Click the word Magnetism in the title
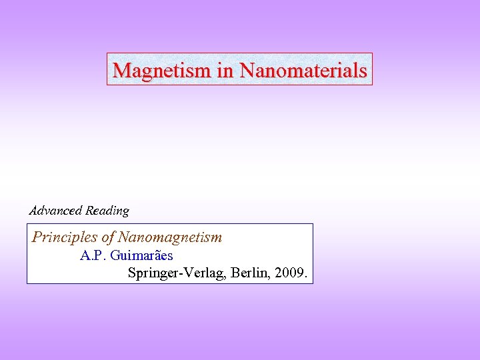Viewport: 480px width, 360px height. click(163, 69)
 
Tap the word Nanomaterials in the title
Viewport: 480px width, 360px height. click(303, 69)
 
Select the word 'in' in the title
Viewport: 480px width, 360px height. click(225, 69)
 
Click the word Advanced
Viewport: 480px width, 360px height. click(56, 211)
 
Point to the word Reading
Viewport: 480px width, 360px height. click(107, 211)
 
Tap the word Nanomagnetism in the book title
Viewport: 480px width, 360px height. click(170, 237)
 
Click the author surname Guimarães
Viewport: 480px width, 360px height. click(142, 255)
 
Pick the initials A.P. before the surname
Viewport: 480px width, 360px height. click(93, 255)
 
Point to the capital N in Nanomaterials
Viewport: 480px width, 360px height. click(246, 69)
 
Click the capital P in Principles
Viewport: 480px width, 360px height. click(37, 237)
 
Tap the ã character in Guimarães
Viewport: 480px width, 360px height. click(157, 256)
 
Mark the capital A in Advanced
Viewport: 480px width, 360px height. click(34, 211)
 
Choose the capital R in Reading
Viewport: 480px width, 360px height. click(90, 211)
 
